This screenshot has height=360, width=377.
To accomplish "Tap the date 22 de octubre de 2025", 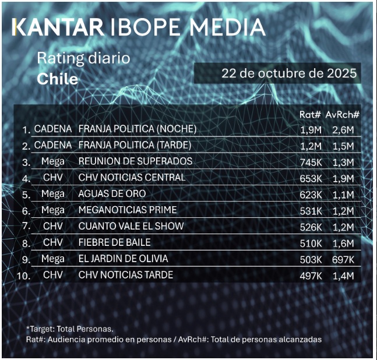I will click(288, 75).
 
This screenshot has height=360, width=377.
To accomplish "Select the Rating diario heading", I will click(83, 58).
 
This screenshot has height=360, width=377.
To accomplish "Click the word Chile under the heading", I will click(57, 79).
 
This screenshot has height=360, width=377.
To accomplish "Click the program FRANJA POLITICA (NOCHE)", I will click(138, 129).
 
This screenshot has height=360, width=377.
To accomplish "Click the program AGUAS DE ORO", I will click(112, 193).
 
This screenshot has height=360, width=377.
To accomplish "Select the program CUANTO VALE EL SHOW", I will click(131, 226).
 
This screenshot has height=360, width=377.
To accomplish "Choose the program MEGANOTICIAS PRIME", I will click(128, 210).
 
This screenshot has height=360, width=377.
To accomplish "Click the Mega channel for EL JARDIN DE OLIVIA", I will click(53, 258).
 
